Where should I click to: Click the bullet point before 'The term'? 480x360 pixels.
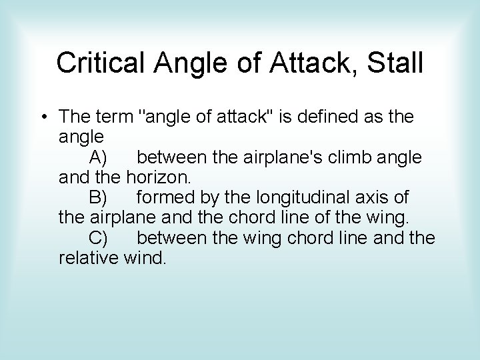point(43,118)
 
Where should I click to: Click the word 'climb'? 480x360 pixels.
point(345,158)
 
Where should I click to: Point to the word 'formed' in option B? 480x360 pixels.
point(163,198)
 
